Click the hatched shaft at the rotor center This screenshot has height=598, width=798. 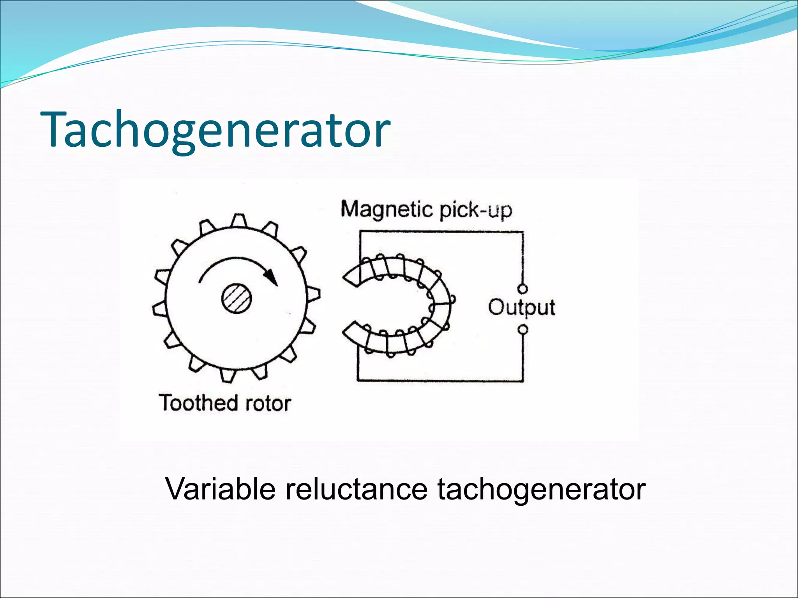click(x=237, y=299)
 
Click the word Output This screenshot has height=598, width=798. click(x=521, y=308)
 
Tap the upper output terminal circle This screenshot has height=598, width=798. click(x=523, y=289)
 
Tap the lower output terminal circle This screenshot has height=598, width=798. click(x=523, y=330)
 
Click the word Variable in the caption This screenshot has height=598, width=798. click(x=221, y=489)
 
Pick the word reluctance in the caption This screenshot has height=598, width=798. click(x=356, y=489)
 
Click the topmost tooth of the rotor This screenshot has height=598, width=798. click(x=238, y=220)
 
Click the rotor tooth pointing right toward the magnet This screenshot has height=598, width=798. click(x=314, y=295)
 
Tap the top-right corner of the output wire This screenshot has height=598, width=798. click(x=523, y=232)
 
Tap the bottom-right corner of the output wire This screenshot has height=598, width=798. click(x=523, y=380)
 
